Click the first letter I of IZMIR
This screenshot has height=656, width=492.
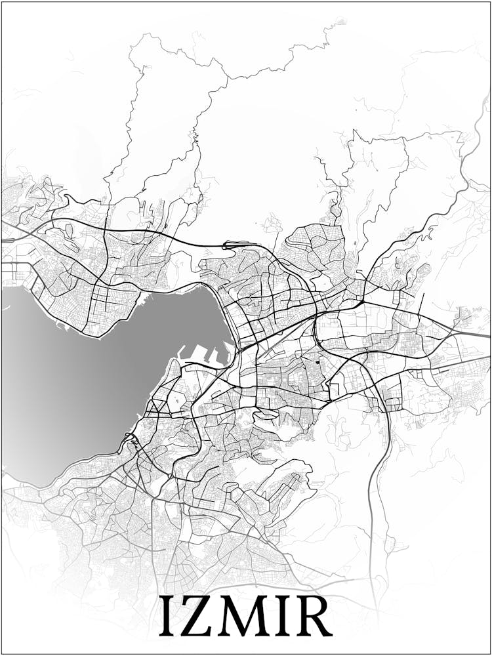point(166,615)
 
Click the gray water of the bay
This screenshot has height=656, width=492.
point(85,380)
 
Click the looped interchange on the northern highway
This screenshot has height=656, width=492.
point(230,245)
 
